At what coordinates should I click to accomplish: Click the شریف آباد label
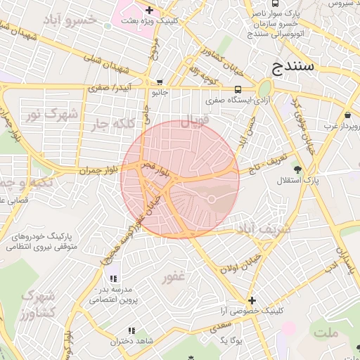pyautogui.click(x=264, y=230)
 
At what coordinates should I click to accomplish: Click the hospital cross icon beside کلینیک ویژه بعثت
pyautogui.click(x=149, y=10)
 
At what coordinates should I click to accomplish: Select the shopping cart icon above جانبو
pyautogui.click(x=160, y=82)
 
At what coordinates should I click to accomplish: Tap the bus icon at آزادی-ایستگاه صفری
pyautogui.click(x=238, y=89)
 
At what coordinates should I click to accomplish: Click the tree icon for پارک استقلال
pyautogui.click(x=297, y=169)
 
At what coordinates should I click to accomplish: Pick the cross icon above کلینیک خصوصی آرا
pyautogui.click(x=252, y=300)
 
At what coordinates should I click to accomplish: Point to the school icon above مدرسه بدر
pyautogui.click(x=112, y=278)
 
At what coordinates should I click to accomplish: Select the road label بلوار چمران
pyautogui.click(x=96, y=170)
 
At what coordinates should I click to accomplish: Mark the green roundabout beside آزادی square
pyautogui.click(x=264, y=89)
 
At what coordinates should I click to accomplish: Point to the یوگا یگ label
pyautogui.click(x=230, y=340)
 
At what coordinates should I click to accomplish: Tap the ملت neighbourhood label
pyautogui.click(x=326, y=331)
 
